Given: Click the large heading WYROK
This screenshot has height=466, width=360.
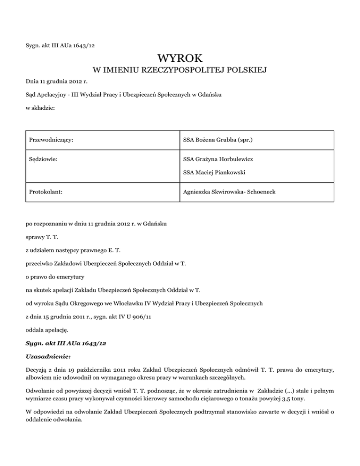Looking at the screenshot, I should (x=180, y=59).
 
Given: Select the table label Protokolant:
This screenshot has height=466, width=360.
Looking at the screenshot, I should (x=46, y=192).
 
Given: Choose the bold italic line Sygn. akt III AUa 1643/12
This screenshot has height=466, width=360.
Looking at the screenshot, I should (x=66, y=343).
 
